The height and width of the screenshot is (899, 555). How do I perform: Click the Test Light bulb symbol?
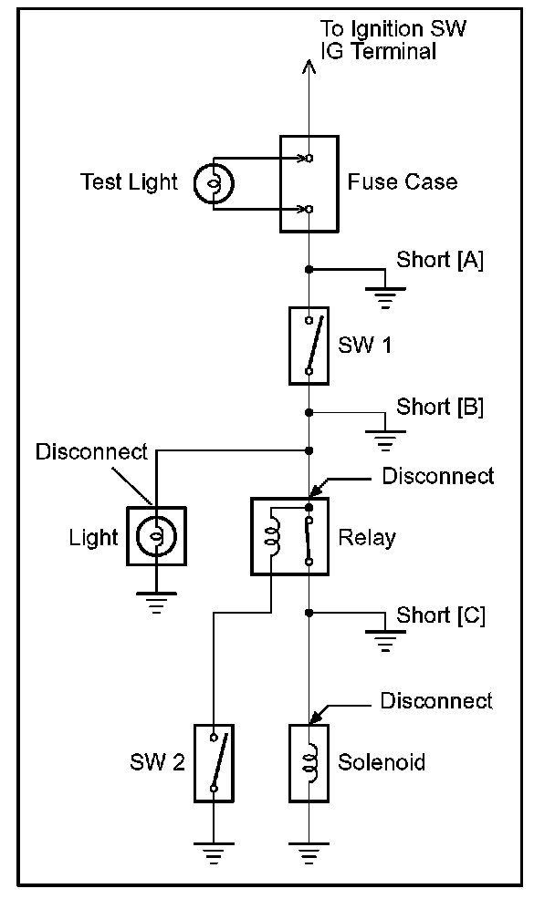[214, 183]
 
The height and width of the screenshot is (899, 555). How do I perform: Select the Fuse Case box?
[309, 184]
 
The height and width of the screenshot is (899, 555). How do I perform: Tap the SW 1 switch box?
[309, 346]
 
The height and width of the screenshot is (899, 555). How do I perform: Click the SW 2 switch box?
[214, 763]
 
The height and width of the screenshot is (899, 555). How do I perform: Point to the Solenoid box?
[309, 763]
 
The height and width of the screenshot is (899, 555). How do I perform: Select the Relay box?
[290, 536]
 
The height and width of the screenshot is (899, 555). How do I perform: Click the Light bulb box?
[156, 536]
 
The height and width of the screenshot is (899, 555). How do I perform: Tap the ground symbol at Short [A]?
[385, 298]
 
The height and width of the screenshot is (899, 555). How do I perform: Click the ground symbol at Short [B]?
[385, 441]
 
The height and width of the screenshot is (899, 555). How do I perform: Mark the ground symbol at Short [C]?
[385, 641]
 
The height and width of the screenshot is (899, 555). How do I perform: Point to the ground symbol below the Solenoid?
[309, 853]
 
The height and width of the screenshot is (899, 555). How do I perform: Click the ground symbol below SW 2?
[214, 853]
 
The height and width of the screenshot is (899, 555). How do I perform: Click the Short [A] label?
[440, 260]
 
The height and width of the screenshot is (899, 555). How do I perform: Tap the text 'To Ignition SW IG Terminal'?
[393, 39]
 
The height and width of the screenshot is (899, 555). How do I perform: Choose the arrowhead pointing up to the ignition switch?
[309, 67]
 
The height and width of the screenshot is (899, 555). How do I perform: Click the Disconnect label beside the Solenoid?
[436, 700]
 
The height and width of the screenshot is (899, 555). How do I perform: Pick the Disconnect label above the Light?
[92, 452]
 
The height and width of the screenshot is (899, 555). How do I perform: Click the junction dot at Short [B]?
[309, 412]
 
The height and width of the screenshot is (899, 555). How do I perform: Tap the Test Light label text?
[129, 182]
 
